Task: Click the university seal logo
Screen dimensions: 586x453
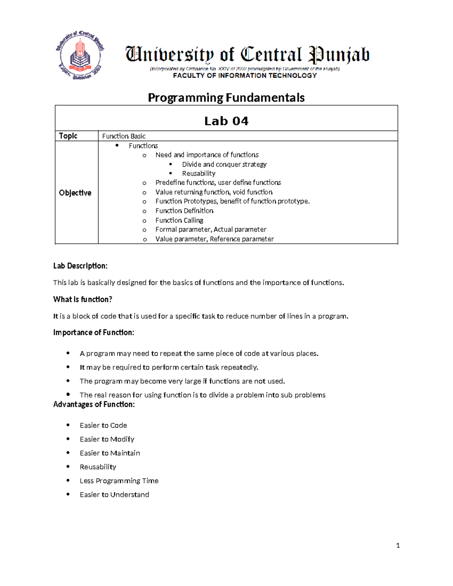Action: pos(80,56)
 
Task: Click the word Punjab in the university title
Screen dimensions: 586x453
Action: pos(339,55)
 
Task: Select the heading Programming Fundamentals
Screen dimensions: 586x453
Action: pos(226,98)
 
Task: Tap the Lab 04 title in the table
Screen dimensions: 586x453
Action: pos(226,121)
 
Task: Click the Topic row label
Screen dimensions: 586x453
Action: pos(68,136)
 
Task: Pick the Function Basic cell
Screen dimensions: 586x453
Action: pos(124,136)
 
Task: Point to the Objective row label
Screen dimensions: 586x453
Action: pos(75,193)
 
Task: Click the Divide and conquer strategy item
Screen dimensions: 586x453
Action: pos(224,165)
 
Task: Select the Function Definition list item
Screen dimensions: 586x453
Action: pos(184,211)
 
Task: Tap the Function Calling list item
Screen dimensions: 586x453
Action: pos(179,220)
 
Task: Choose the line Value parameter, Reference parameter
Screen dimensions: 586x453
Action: pos(214,239)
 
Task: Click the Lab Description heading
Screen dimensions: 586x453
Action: pos(80,266)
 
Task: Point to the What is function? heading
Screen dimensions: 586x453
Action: pos(83,300)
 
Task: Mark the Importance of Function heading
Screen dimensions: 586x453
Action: pos(94,332)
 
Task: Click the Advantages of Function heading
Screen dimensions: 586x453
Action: pos(94,405)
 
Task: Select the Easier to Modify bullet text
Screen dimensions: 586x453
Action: pos(107,439)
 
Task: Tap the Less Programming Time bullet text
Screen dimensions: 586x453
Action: pos(119,481)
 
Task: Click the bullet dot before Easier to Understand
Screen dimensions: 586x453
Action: pos(68,494)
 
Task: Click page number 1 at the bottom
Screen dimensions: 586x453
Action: pos(398,545)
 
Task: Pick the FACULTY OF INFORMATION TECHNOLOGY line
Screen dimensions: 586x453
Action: pos(245,76)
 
